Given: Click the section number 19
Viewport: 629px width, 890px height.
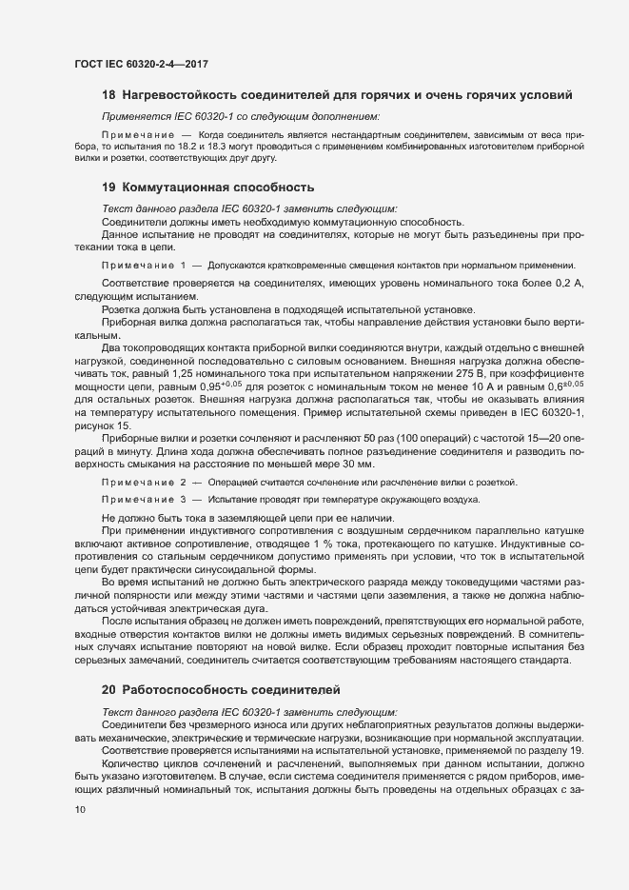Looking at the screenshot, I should coord(108,188).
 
